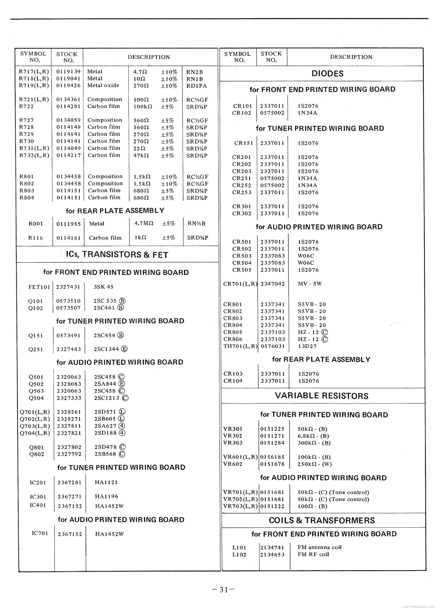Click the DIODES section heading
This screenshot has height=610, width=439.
(x=327, y=74)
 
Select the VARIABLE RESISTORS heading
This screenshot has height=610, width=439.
(x=322, y=396)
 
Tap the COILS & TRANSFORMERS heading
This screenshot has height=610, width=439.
(x=322, y=520)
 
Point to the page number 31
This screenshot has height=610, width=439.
(x=223, y=590)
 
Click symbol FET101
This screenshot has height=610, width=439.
(x=39, y=287)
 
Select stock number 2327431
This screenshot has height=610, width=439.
(x=68, y=287)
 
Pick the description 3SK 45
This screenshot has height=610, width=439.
(x=104, y=287)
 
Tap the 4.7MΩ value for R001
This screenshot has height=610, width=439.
(x=144, y=223)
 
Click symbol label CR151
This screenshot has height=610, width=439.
(x=244, y=143)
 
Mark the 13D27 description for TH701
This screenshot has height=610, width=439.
(x=307, y=346)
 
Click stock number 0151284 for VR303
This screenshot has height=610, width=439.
(x=272, y=443)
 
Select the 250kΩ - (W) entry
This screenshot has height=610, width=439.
(x=314, y=464)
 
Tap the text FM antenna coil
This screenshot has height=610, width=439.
(x=319, y=547)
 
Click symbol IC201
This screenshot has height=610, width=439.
(x=38, y=483)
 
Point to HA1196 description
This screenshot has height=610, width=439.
(x=107, y=496)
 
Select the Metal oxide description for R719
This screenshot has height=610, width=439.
(x=103, y=85)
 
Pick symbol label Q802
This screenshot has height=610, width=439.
(x=36, y=454)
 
